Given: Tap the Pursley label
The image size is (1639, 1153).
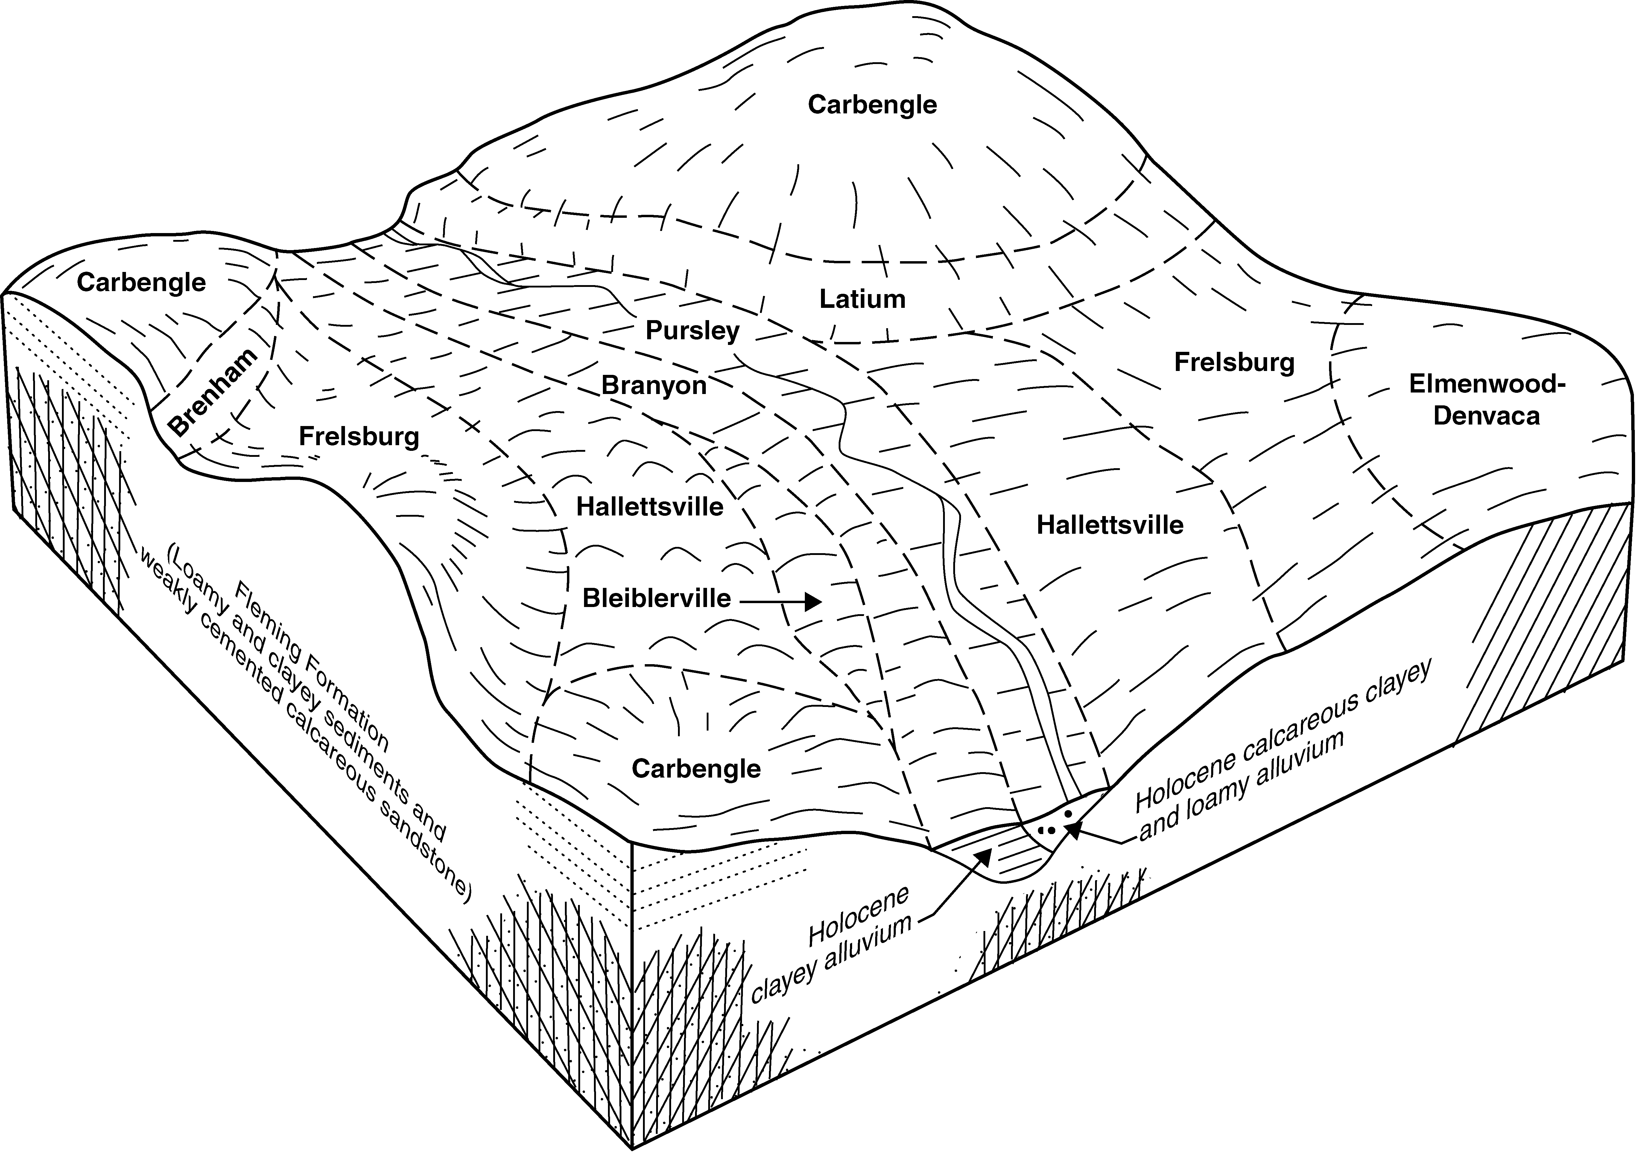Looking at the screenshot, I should point(692,331).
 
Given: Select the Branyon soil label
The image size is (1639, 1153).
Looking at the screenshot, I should point(654,386).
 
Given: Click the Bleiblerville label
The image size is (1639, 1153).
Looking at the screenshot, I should point(657,598).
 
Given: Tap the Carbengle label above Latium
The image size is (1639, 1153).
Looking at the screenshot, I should point(872,105).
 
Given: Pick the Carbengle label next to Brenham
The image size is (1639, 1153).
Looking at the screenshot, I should point(141,283).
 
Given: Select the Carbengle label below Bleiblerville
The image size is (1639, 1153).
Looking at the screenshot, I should point(696,769).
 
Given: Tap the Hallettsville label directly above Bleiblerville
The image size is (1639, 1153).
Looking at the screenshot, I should point(650,507).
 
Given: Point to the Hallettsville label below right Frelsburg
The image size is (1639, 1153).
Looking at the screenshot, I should point(1110,525).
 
